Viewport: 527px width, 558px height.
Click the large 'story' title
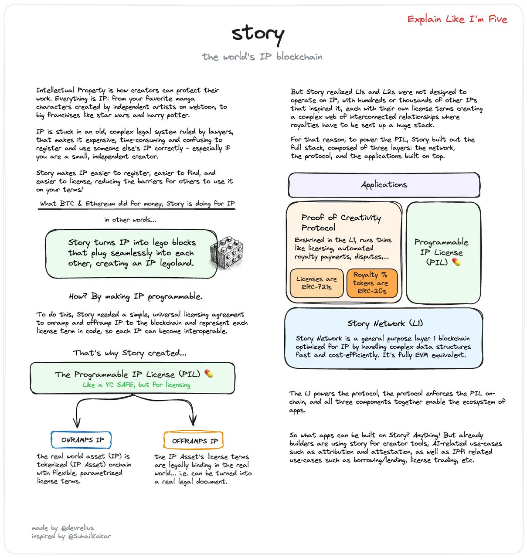258,34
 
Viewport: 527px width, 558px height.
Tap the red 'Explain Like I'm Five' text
457,19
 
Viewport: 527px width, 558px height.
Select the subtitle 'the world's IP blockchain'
262,57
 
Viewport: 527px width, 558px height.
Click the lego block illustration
226,252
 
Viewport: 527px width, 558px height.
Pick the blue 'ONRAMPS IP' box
81,440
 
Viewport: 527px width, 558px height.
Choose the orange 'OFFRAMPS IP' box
194,441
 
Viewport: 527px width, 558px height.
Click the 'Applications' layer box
384,185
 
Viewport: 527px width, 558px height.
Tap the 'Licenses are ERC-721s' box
316,283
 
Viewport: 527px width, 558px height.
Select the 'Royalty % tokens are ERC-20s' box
372,283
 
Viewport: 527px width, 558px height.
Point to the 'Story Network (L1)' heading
385,323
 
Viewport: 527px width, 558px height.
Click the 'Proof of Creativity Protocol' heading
341,222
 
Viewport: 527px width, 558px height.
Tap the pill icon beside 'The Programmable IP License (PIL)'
209,374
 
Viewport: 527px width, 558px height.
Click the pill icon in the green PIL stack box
456,262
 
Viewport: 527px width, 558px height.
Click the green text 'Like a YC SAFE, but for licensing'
136,385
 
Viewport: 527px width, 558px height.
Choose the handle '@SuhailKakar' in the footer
89,536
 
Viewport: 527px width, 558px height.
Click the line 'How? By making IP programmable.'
136,296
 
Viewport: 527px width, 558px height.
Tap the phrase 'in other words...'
130,220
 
